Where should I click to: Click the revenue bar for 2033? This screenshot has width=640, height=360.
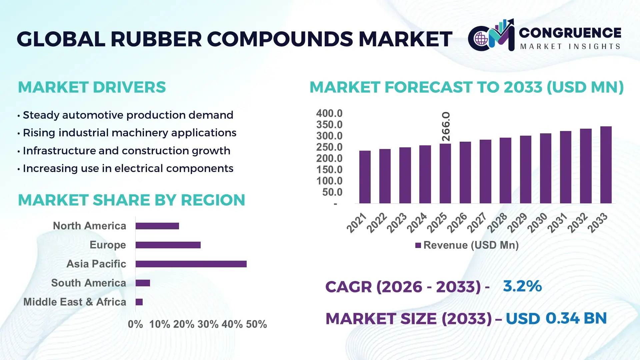606,165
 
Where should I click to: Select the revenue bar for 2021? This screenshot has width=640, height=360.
365,177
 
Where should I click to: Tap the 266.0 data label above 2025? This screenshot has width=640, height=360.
446,127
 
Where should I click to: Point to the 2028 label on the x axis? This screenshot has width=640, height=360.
497,223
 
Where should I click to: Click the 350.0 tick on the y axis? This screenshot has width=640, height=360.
329,125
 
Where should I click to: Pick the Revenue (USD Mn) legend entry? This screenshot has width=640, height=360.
467,245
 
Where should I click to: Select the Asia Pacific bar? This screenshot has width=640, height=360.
191,264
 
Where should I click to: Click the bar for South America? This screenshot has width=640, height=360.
143,283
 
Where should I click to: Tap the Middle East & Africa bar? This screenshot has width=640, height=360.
139,302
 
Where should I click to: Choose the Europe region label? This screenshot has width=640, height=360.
108,245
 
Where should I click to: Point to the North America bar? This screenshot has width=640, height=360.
157,226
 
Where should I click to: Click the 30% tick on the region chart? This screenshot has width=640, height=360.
208,324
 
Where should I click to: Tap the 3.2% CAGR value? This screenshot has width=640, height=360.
522,286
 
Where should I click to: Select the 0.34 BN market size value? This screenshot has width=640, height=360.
576,318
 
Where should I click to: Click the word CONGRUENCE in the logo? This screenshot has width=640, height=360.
570,33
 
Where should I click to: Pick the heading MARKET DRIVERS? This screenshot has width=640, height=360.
92,87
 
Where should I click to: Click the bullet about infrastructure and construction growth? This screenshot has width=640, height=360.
126,151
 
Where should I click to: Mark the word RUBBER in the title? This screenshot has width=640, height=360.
156,39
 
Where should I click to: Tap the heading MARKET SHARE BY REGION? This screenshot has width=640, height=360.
131,200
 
